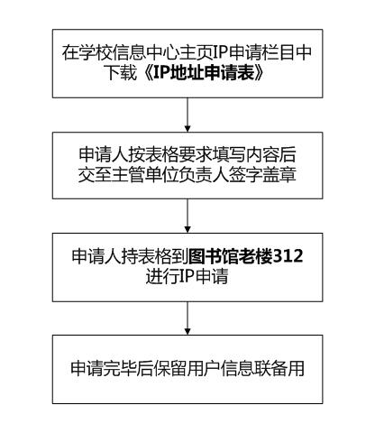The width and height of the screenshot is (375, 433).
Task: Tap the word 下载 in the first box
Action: pyautogui.click(x=123, y=72)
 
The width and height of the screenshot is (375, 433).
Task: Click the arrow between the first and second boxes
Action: pyautogui.click(x=187, y=115)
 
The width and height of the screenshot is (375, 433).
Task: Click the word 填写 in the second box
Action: pyautogui.click(x=229, y=154)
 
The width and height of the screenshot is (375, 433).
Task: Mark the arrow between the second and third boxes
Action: pyautogui.click(x=187, y=216)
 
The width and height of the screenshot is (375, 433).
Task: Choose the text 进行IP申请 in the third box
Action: pyautogui.click(x=187, y=276)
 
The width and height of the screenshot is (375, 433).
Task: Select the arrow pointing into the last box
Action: pyautogui.click(x=187, y=318)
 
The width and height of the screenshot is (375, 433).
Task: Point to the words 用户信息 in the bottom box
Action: pyautogui.click(x=221, y=368)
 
